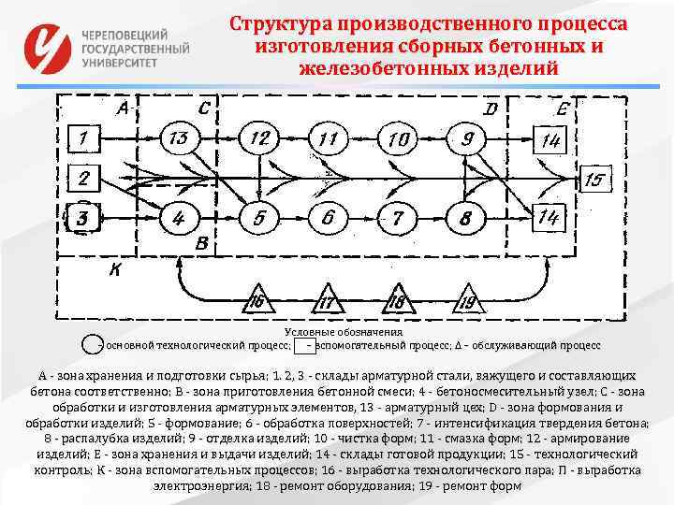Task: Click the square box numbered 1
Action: point(84,139)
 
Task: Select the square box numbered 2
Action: point(84,178)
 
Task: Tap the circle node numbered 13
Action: point(180,139)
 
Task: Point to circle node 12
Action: point(260,139)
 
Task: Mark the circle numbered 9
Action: point(467,139)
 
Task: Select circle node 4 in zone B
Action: point(180,218)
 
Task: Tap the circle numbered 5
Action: point(259,218)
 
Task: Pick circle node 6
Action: point(328,218)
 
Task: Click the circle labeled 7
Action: point(398,218)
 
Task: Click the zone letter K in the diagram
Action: point(115,271)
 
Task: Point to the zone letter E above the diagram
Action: point(562,109)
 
